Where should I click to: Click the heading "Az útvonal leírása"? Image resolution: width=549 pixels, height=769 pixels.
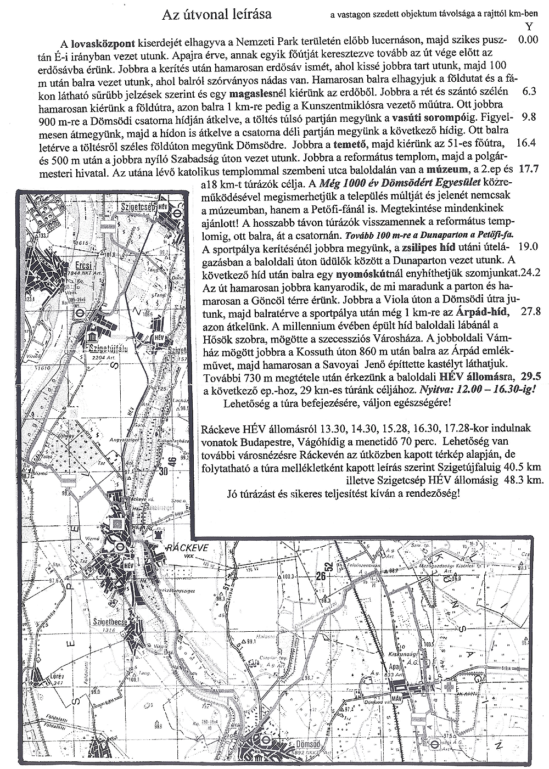tap(217, 15)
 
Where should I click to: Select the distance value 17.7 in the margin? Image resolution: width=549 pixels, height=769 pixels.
tap(529, 169)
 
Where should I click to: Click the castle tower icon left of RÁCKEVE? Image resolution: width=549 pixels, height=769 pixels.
tap(160, 534)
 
